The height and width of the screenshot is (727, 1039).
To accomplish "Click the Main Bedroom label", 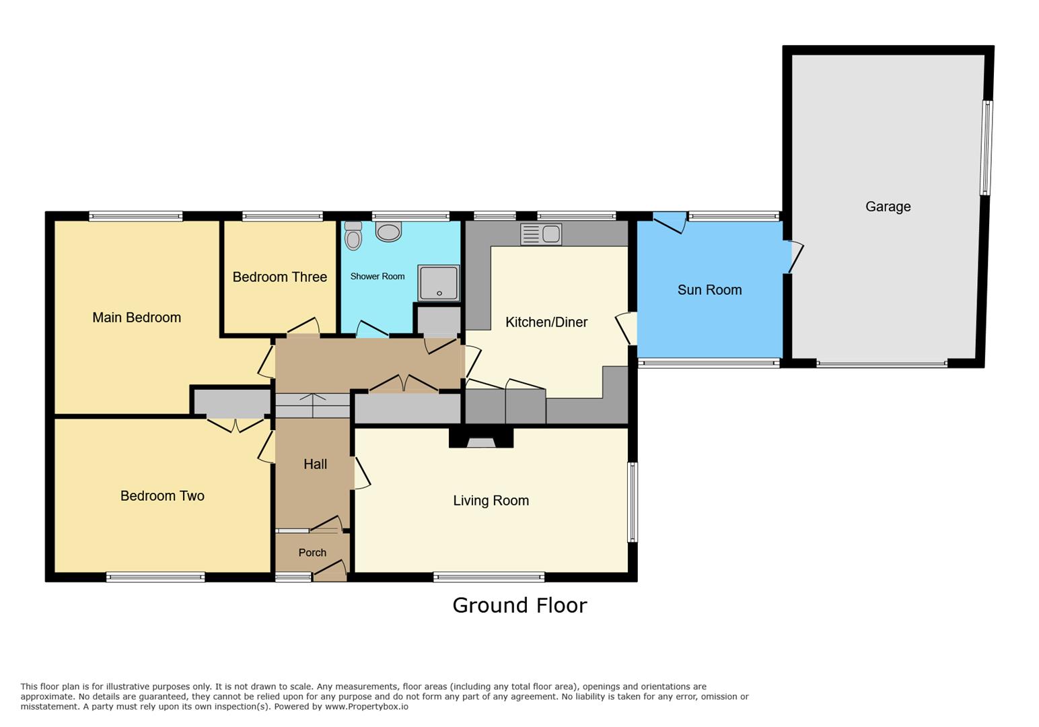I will pyautogui.click(x=137, y=317).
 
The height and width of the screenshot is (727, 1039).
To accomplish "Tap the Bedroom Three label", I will pyautogui.click(x=279, y=277).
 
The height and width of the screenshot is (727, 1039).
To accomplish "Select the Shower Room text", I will pyautogui.click(x=377, y=276).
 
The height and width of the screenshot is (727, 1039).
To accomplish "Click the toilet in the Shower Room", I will pyautogui.click(x=353, y=236).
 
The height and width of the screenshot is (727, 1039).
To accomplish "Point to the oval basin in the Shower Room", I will pyautogui.click(x=388, y=232).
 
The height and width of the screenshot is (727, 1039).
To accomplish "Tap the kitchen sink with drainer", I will pyautogui.click(x=540, y=234).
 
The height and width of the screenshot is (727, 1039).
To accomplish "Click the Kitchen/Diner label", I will pyautogui.click(x=546, y=322).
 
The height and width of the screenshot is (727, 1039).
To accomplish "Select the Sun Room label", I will pyautogui.click(x=709, y=289).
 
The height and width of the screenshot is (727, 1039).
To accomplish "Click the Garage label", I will pyautogui.click(x=888, y=207).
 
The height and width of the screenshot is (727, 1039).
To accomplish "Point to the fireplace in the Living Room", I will pyautogui.click(x=481, y=441).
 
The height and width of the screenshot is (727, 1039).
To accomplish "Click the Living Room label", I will pyautogui.click(x=491, y=500).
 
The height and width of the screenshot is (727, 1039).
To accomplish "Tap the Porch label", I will pyautogui.click(x=312, y=552).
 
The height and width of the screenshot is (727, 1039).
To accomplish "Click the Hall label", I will pyautogui.click(x=315, y=464).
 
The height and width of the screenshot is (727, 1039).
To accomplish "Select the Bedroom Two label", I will pyautogui.click(x=162, y=495).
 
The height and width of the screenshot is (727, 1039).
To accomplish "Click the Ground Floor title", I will pyautogui.click(x=519, y=605).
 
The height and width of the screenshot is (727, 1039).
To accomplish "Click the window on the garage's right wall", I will pyautogui.click(x=986, y=148).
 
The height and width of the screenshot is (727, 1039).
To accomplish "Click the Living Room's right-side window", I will pyautogui.click(x=632, y=501).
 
